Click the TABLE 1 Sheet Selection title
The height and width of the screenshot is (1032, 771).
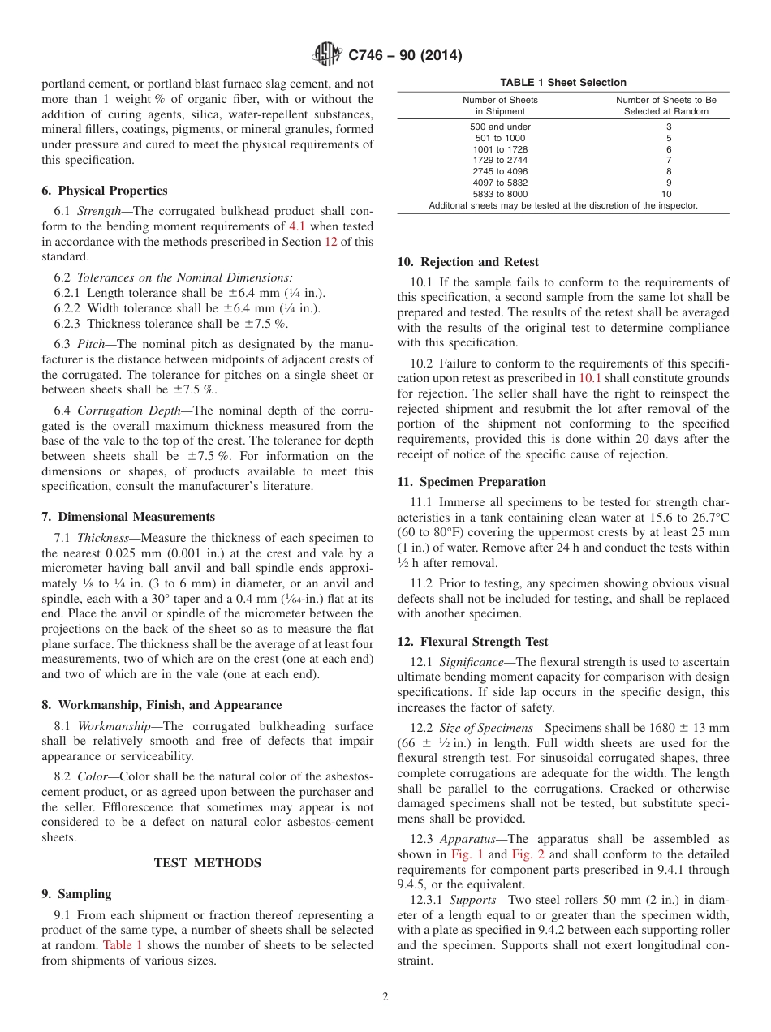pyautogui.click(x=562, y=83)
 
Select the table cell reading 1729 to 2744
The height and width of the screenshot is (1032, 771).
pyautogui.click(x=500, y=161)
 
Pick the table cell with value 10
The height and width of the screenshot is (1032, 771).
pyautogui.click(x=665, y=195)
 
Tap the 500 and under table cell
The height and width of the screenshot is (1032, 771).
pyautogui.click(x=500, y=127)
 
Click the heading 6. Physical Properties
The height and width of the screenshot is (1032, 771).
pyautogui.click(x=105, y=191)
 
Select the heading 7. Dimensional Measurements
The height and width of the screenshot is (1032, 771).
pyautogui.click(x=128, y=517)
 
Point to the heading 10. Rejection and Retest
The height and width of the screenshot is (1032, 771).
pyautogui.click(x=467, y=262)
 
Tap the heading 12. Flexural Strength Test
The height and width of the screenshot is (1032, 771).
pyautogui.click(x=472, y=642)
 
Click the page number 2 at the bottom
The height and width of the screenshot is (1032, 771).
pyautogui.click(x=385, y=997)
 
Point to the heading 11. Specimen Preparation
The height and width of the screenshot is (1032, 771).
pyautogui.click(x=472, y=482)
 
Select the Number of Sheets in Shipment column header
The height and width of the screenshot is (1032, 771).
pyautogui.click(x=500, y=105)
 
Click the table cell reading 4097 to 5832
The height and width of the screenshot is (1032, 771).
pyautogui.click(x=500, y=183)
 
